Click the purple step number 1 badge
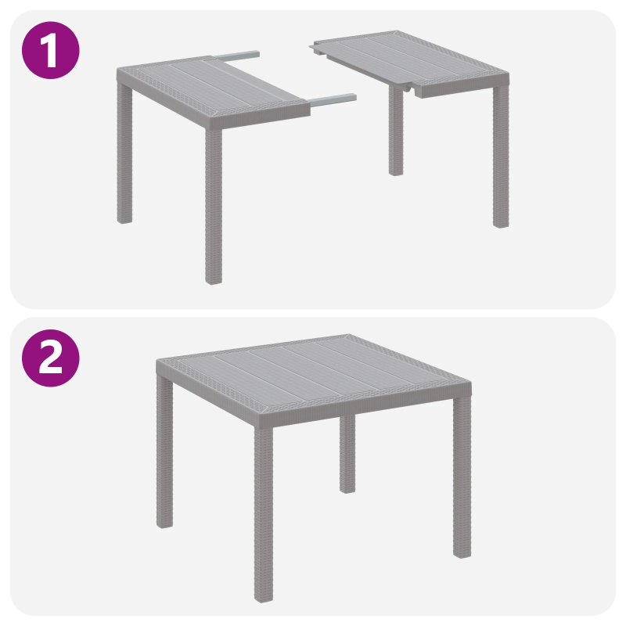(x=51, y=49)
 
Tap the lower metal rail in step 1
(x=333, y=99)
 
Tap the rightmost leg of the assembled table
(x=462, y=477)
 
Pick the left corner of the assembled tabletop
(x=157, y=362)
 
